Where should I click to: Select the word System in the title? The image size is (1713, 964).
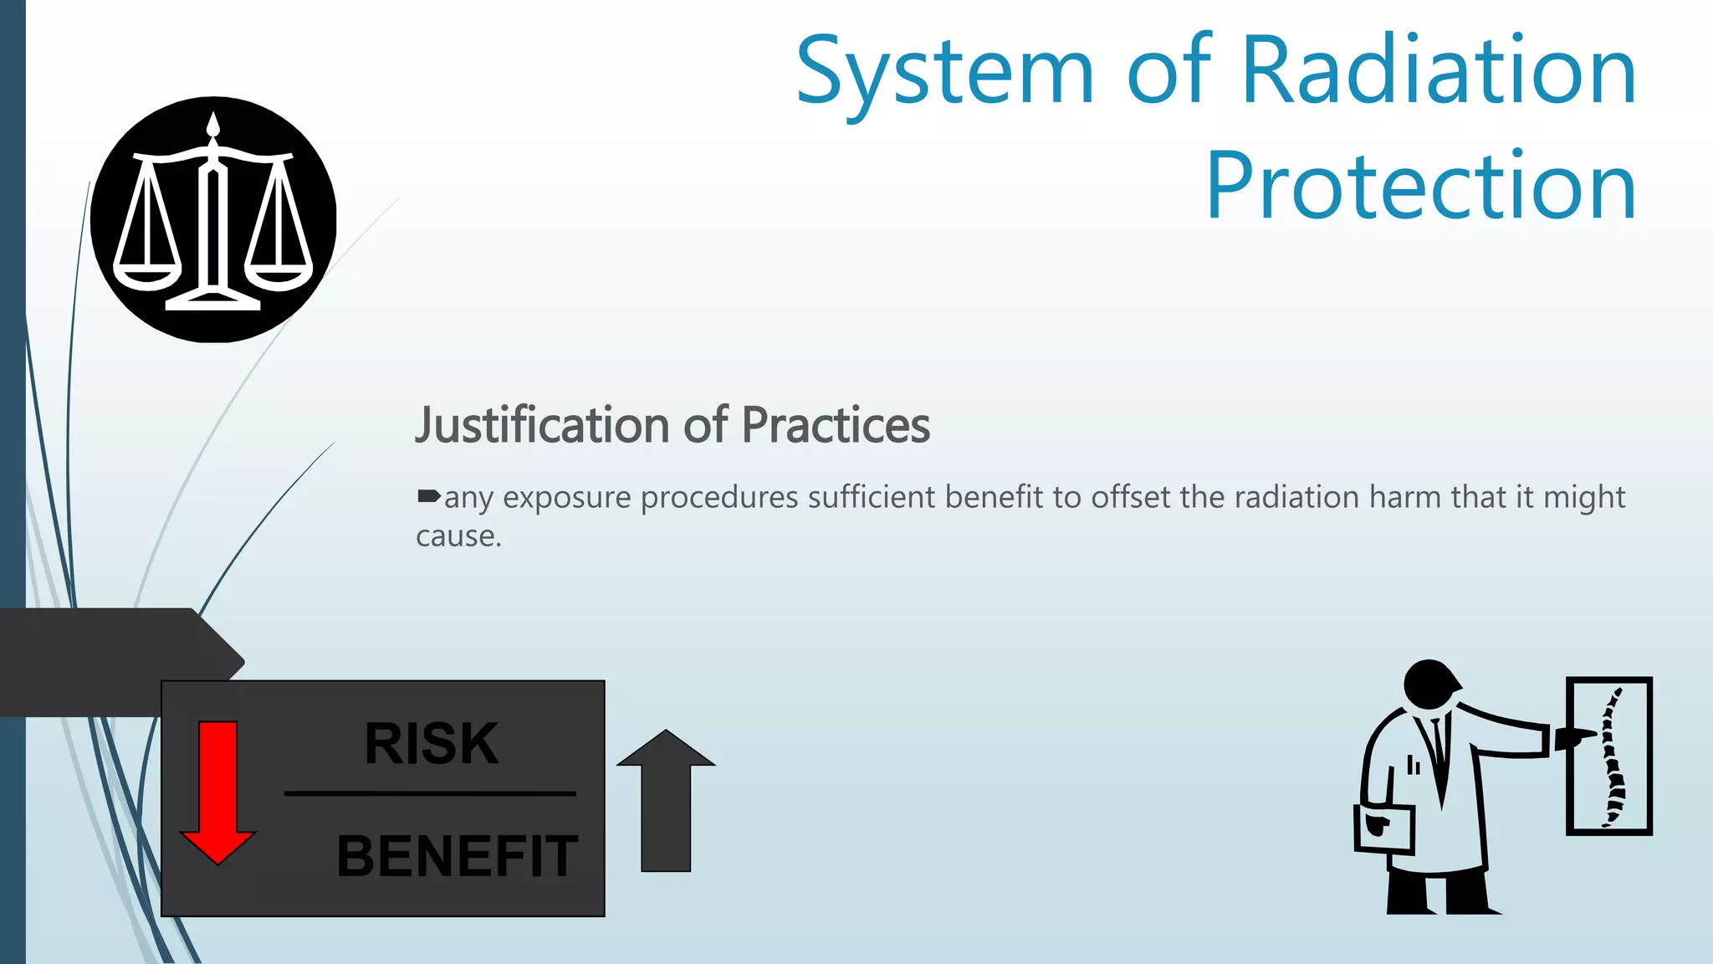tap(945, 74)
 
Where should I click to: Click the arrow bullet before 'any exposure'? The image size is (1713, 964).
tap(428, 497)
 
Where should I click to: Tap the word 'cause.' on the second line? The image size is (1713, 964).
tap(458, 536)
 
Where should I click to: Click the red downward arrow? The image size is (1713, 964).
tap(218, 791)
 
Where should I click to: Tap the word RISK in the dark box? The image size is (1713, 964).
tap(432, 743)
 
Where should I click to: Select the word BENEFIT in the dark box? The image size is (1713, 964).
tap(457, 856)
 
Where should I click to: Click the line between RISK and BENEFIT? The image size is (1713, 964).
tap(430, 792)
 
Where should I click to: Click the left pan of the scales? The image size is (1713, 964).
tap(147, 276)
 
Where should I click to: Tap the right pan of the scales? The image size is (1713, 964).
tap(279, 276)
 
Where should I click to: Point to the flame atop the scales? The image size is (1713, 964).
tap(213, 126)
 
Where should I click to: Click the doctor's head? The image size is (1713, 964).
tap(1430, 682)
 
